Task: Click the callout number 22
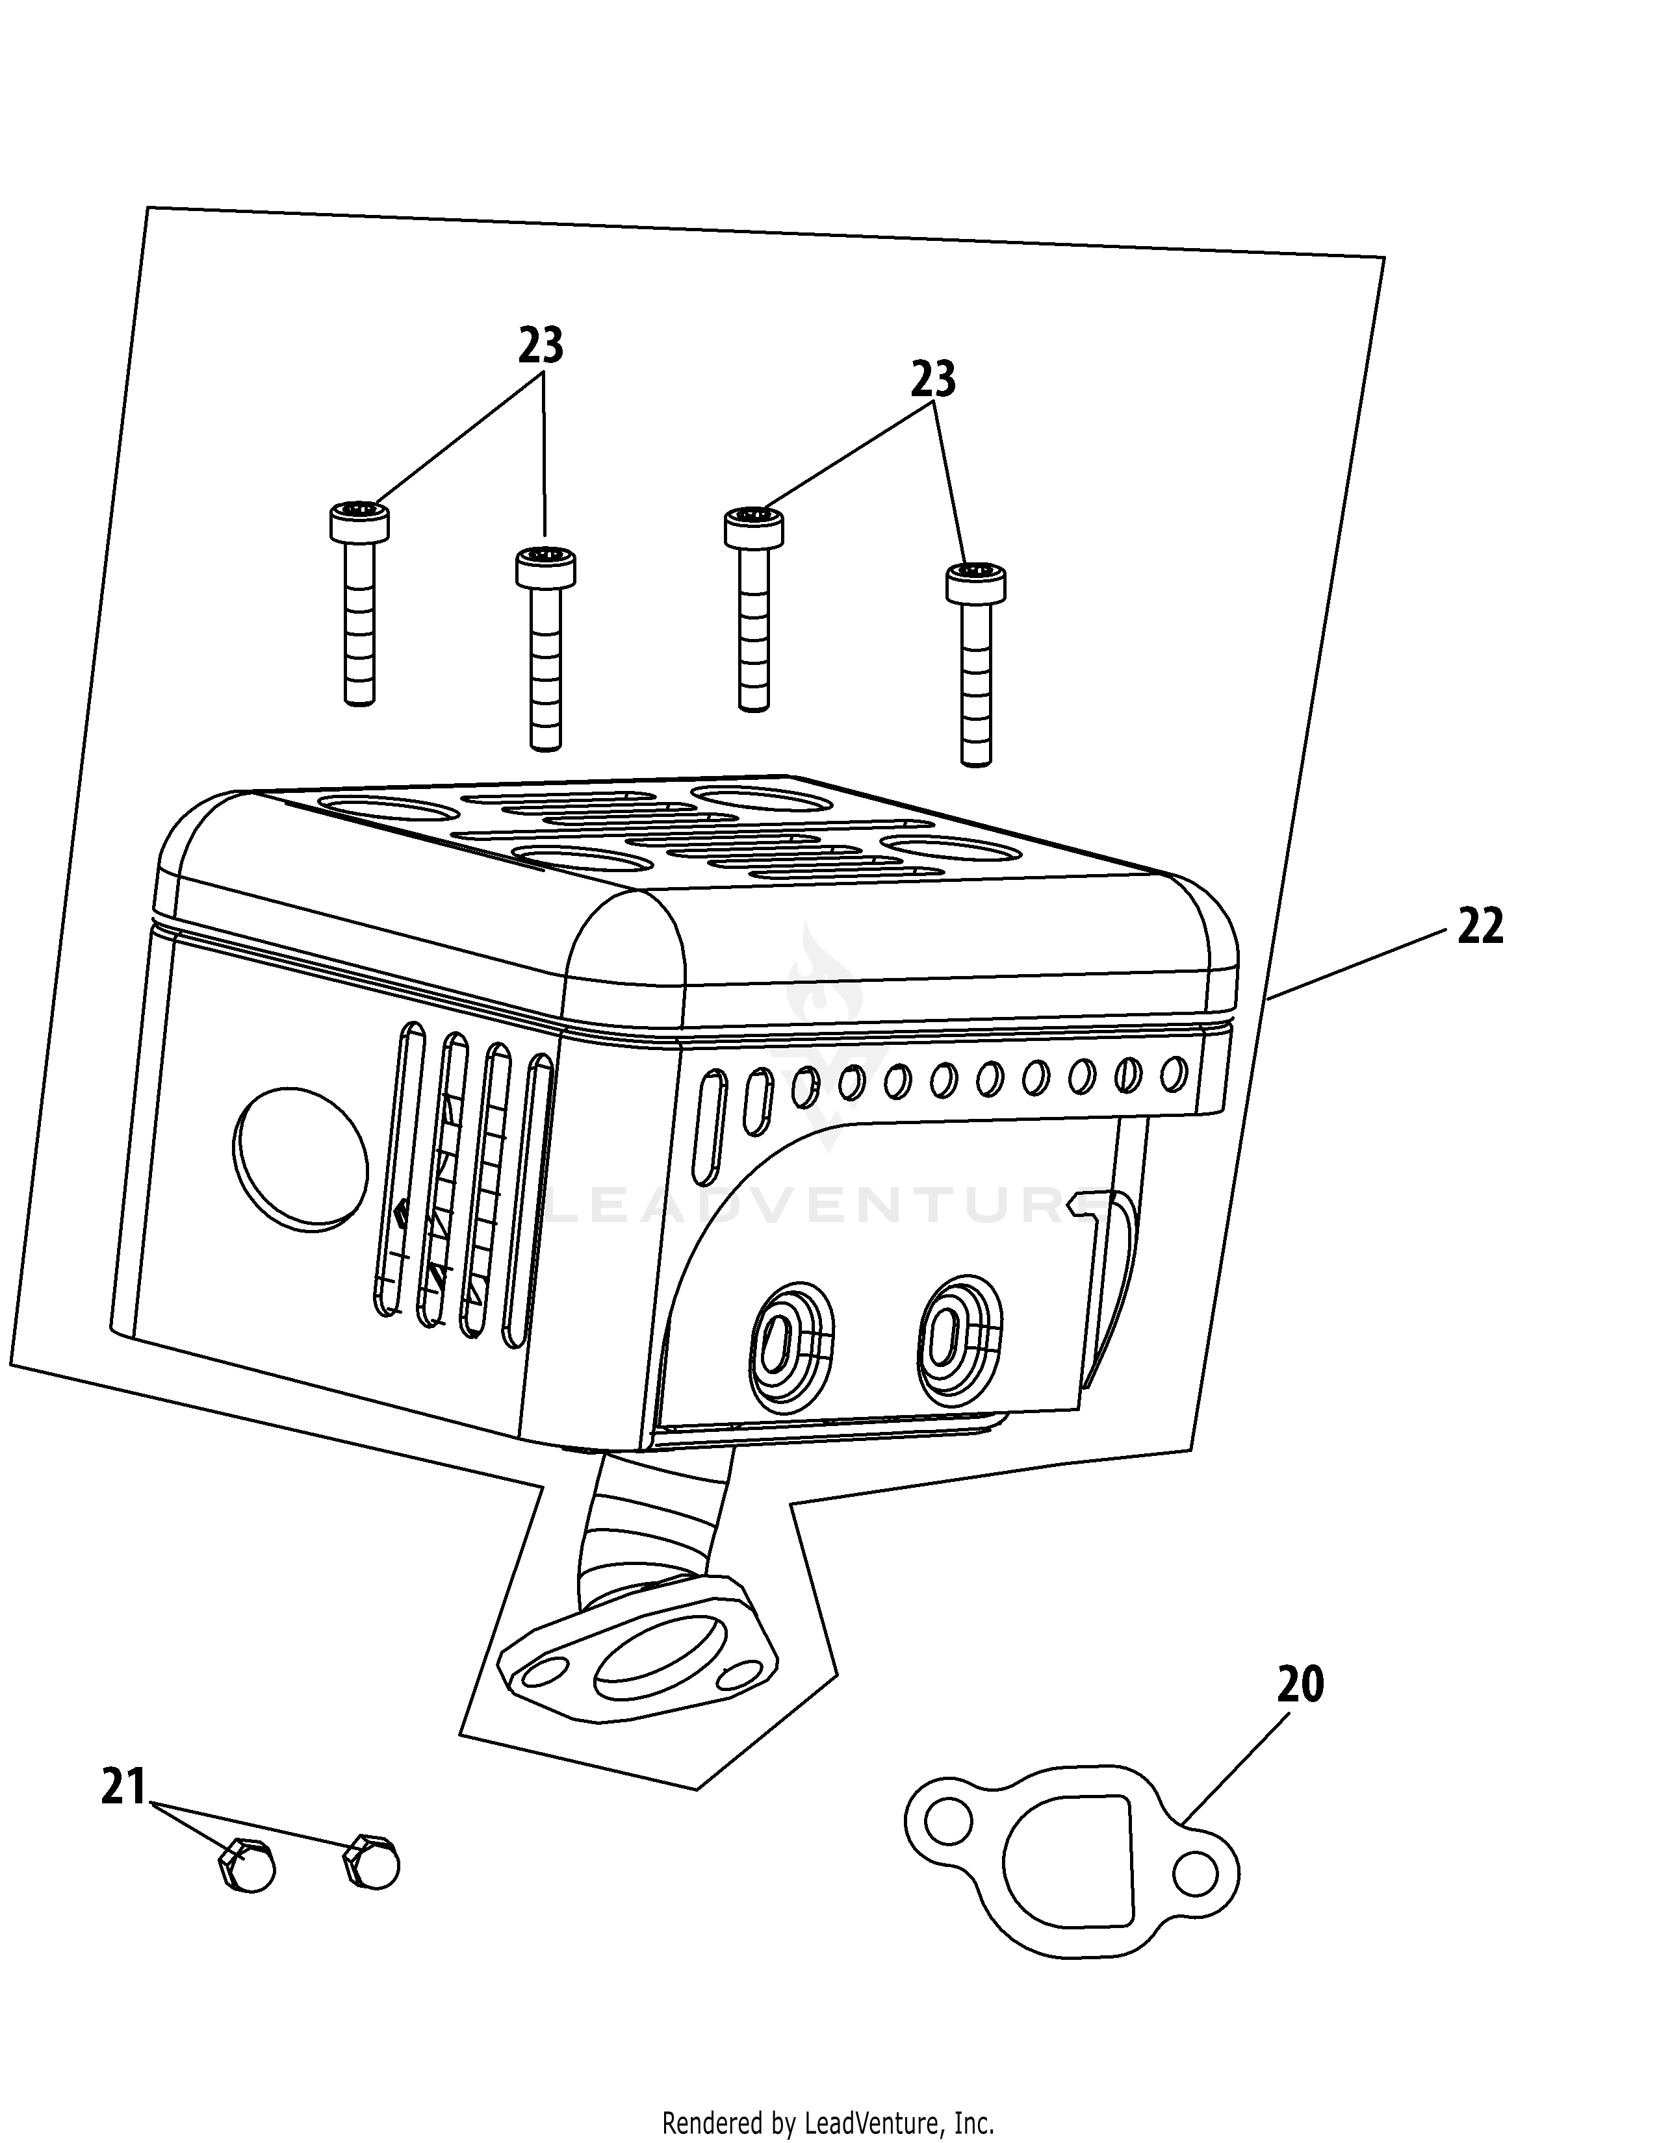(1480, 926)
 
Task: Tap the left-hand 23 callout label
(541, 346)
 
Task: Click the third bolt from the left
(754, 608)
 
